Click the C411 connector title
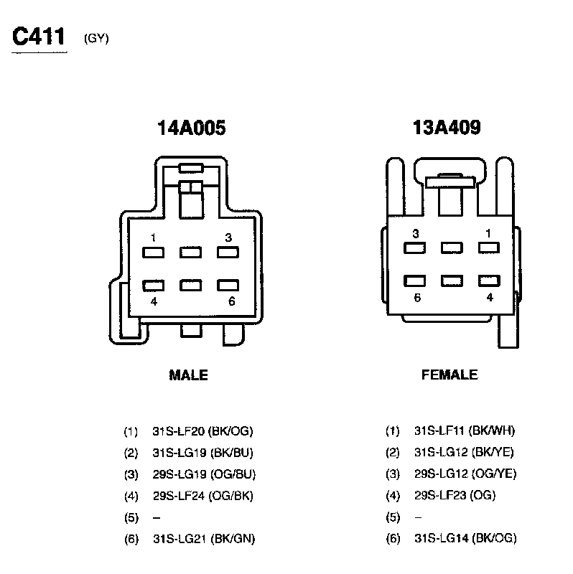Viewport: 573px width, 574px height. coord(39,37)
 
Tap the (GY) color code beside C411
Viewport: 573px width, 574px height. coord(96,39)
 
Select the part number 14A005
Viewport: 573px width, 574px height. coord(191,128)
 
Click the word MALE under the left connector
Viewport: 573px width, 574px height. coord(188,375)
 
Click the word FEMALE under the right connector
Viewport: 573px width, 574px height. coord(449,375)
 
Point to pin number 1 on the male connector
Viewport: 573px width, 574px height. coord(153,237)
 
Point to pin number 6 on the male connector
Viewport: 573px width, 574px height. coord(231,301)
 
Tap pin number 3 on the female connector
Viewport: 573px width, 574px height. coord(415,233)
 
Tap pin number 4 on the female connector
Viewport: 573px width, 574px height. coord(490,297)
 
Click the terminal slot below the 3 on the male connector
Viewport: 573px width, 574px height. coord(228,253)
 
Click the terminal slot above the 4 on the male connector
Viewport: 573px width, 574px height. coord(154,285)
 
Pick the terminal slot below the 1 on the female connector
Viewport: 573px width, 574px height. coord(489,248)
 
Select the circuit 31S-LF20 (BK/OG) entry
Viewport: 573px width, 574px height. coord(202,431)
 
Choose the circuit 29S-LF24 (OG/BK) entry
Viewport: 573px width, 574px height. coord(202,496)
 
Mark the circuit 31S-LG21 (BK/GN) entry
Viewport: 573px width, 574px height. coord(204,539)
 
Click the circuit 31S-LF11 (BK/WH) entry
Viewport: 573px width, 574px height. coord(464,431)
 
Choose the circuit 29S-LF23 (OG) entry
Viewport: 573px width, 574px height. coord(455,495)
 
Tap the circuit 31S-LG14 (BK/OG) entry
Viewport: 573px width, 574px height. coord(465,538)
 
